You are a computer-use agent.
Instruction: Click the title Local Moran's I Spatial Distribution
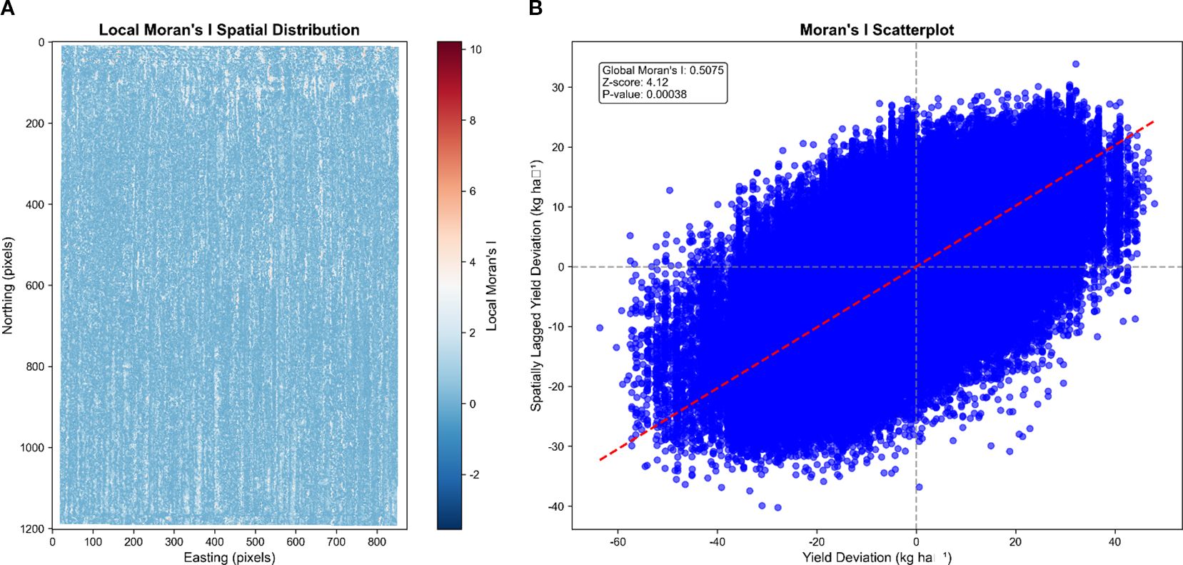click(228, 30)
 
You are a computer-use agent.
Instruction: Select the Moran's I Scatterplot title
click(877, 30)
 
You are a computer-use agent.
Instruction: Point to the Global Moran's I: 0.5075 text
click(663, 70)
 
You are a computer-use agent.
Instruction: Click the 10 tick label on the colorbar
click(475, 49)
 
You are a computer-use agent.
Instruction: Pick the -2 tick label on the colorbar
click(473, 475)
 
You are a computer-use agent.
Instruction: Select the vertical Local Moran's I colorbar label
click(491, 286)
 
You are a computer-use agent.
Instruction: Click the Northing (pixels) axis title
click(8, 286)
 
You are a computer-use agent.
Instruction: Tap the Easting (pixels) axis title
click(229, 557)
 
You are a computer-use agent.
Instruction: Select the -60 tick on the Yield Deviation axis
click(618, 542)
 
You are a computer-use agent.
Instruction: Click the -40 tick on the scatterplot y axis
click(555, 506)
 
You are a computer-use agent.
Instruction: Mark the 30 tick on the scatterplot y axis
click(558, 87)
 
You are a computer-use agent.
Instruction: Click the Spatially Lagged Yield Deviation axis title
click(536, 286)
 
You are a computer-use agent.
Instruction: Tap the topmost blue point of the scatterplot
click(1075, 64)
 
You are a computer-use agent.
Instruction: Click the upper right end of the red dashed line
click(1154, 121)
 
